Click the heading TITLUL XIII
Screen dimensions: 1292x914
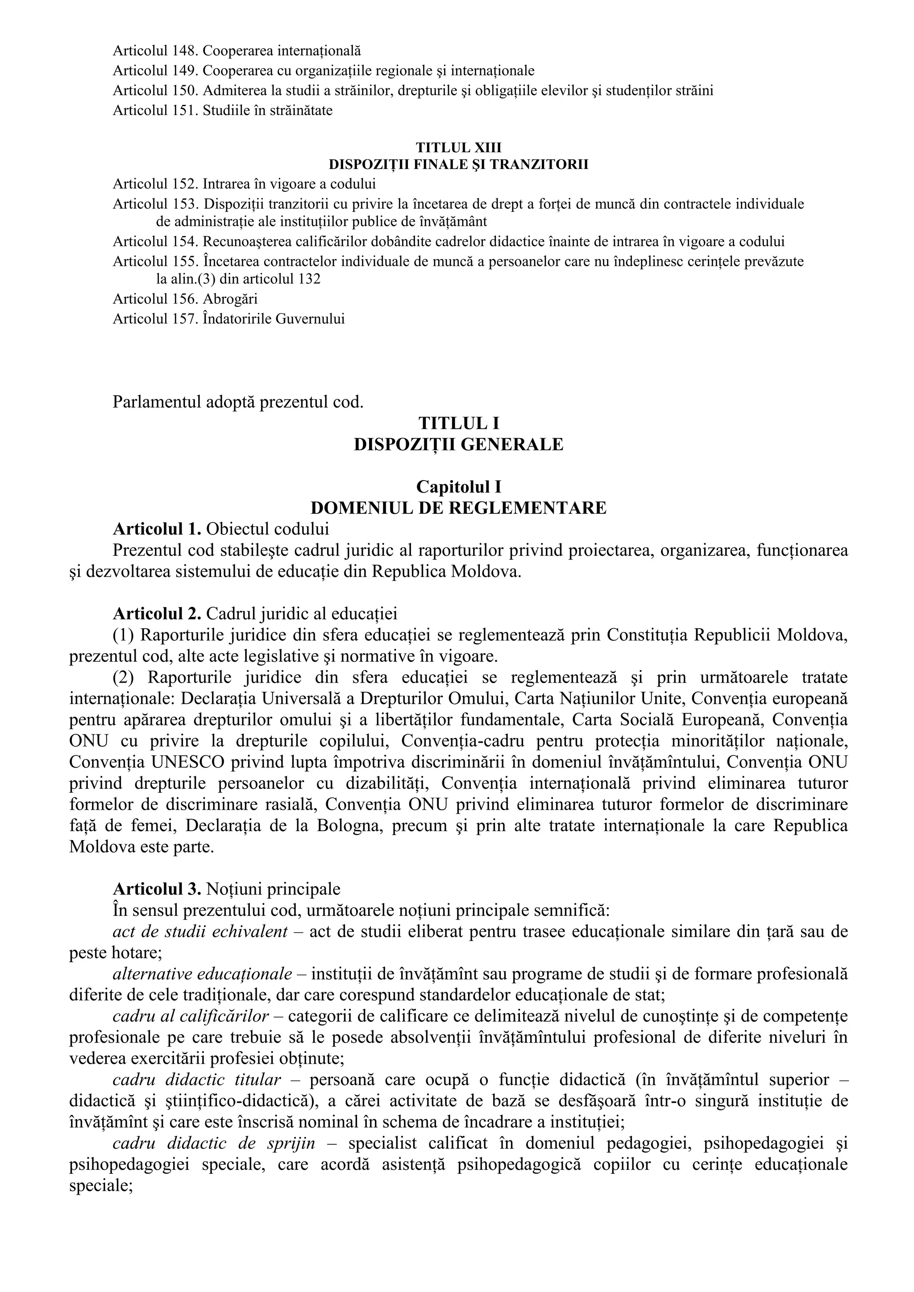coord(458,147)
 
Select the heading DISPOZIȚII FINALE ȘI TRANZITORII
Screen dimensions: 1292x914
coord(458,165)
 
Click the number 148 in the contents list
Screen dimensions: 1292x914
coord(184,51)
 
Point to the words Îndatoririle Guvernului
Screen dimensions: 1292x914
coord(274,319)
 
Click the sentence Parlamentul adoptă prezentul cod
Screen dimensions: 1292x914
coord(237,402)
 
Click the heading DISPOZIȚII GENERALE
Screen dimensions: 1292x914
coord(458,444)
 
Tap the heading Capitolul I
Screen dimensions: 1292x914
coord(458,486)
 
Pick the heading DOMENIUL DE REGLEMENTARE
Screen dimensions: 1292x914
coord(458,508)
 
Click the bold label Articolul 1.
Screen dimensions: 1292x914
coord(157,529)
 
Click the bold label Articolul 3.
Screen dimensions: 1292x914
coord(157,889)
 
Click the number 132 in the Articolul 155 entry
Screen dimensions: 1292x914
coord(308,279)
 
